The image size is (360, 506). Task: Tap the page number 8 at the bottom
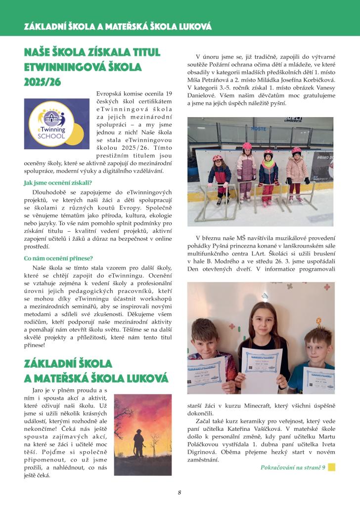click(x=180, y=492)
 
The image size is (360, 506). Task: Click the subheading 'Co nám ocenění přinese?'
click(x=58, y=258)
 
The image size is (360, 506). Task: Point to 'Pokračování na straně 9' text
click(x=293, y=467)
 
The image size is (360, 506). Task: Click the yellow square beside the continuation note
click(x=331, y=467)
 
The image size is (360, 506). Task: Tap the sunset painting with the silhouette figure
click(x=142, y=434)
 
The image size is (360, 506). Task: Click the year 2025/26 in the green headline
click(x=43, y=82)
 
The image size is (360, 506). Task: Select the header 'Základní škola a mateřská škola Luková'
click(x=118, y=26)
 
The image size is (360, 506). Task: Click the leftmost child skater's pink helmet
click(x=217, y=158)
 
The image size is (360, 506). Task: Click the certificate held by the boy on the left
click(x=206, y=372)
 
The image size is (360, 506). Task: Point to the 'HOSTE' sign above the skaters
click(x=259, y=128)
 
